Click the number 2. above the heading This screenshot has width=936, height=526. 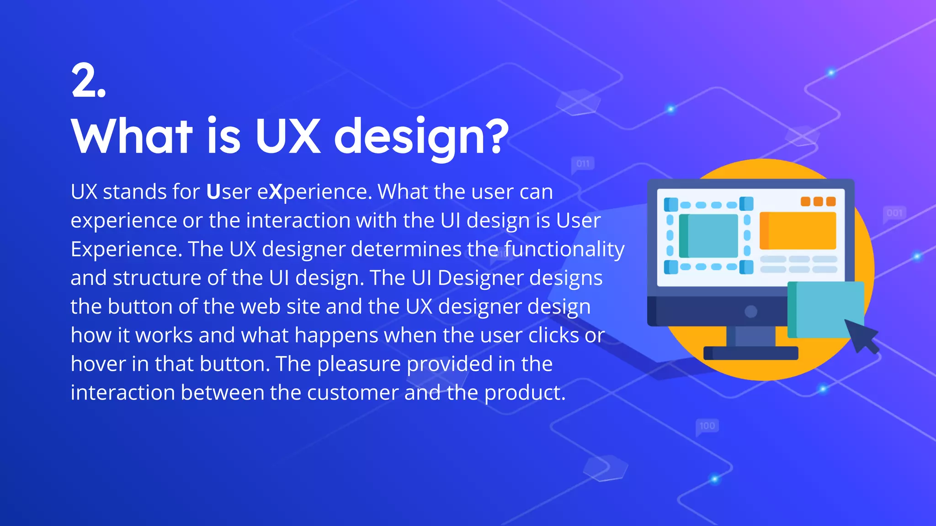pyautogui.click(x=89, y=81)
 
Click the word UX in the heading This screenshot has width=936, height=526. pyautogui.click(x=288, y=136)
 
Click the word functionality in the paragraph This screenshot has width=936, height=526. pyautogui.click(x=564, y=250)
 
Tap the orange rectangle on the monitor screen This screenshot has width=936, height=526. pyautogui.click(x=798, y=231)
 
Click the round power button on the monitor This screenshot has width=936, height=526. pyautogui.click(x=751, y=311)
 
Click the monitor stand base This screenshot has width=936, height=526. pyautogui.click(x=751, y=353)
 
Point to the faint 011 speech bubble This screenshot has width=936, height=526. pyautogui.click(x=583, y=164)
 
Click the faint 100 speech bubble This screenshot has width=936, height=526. pyautogui.click(x=707, y=426)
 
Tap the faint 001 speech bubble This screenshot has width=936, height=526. pyautogui.click(x=894, y=213)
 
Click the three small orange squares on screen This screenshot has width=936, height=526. pyautogui.click(x=818, y=201)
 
